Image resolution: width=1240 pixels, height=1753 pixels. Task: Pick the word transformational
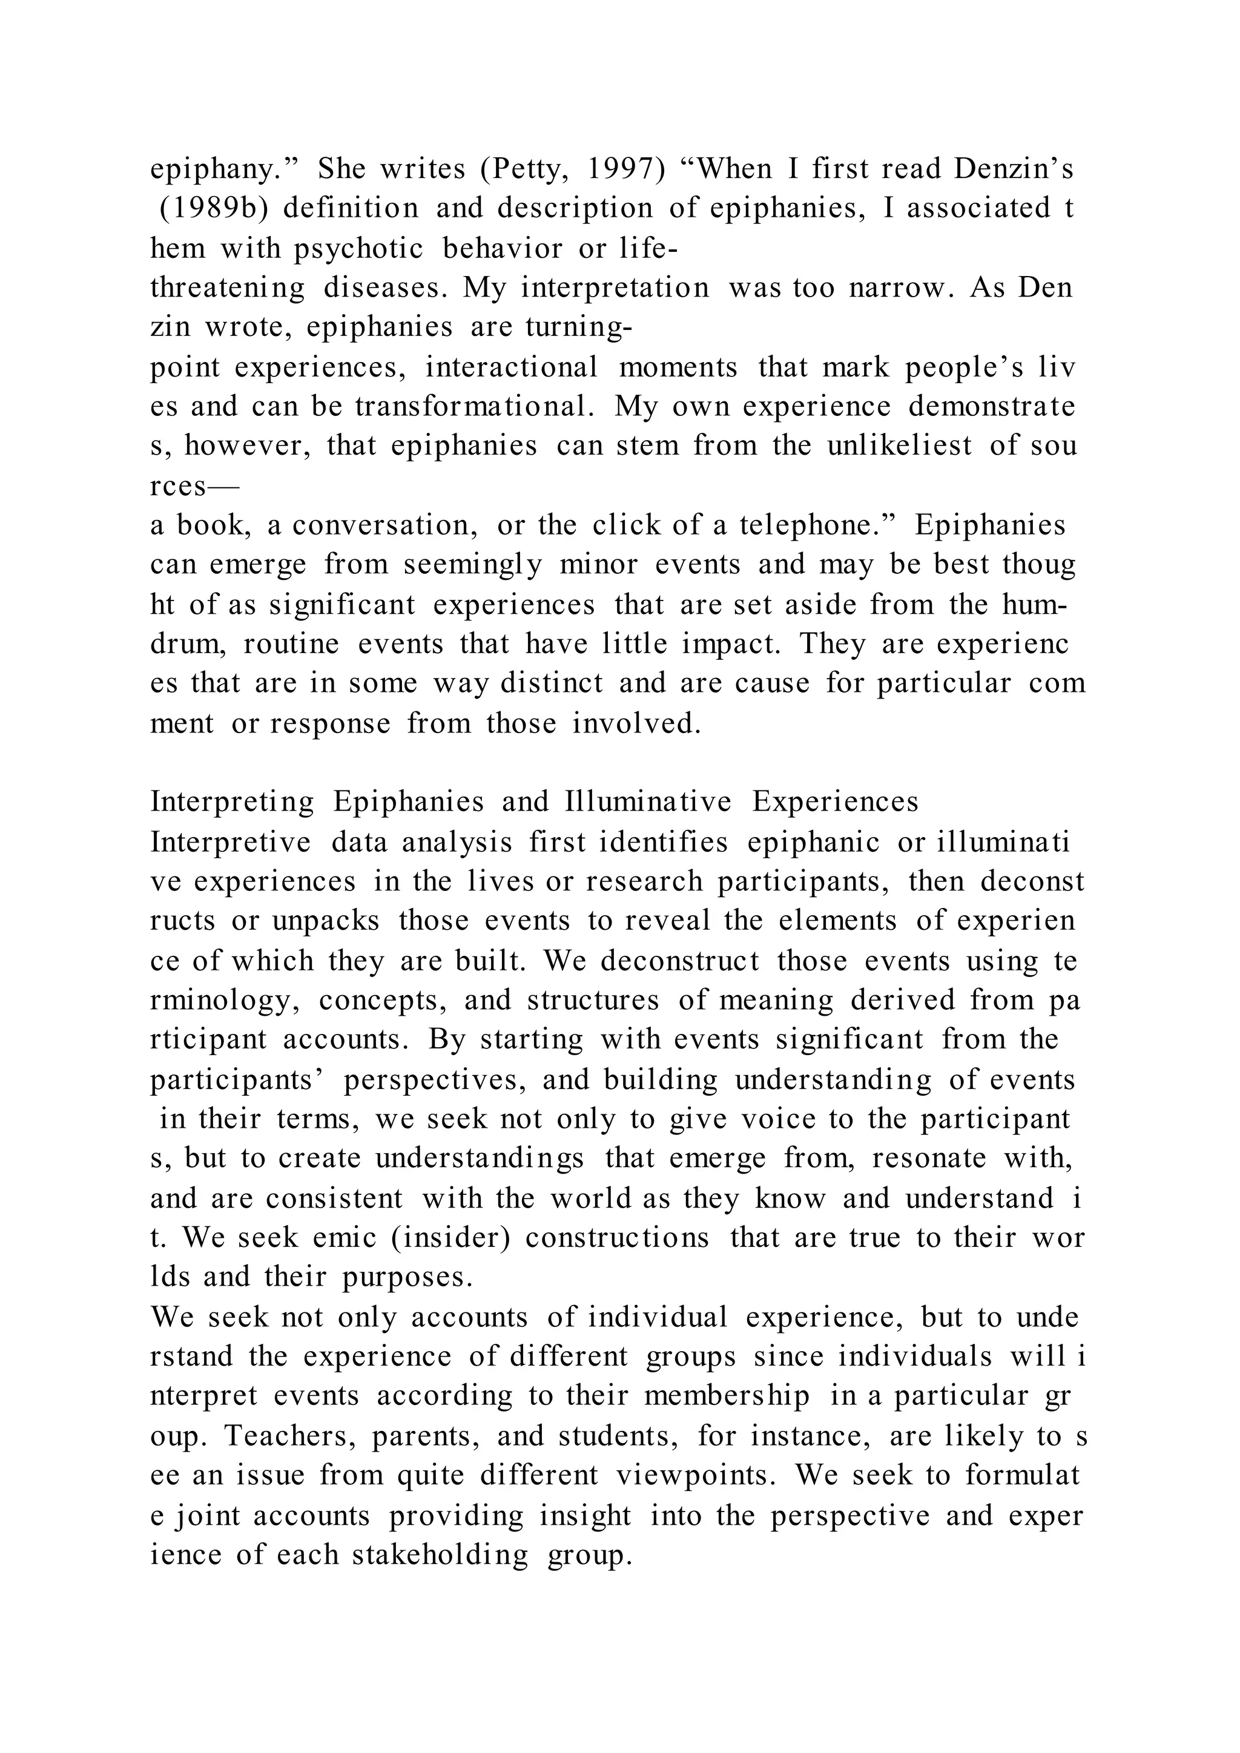(474, 406)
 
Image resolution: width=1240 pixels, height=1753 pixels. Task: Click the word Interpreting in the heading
(232, 801)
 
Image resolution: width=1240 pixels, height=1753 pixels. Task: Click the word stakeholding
(440, 1554)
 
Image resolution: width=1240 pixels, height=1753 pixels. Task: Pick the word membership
(726, 1396)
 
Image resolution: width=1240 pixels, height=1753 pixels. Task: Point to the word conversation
(386, 525)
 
